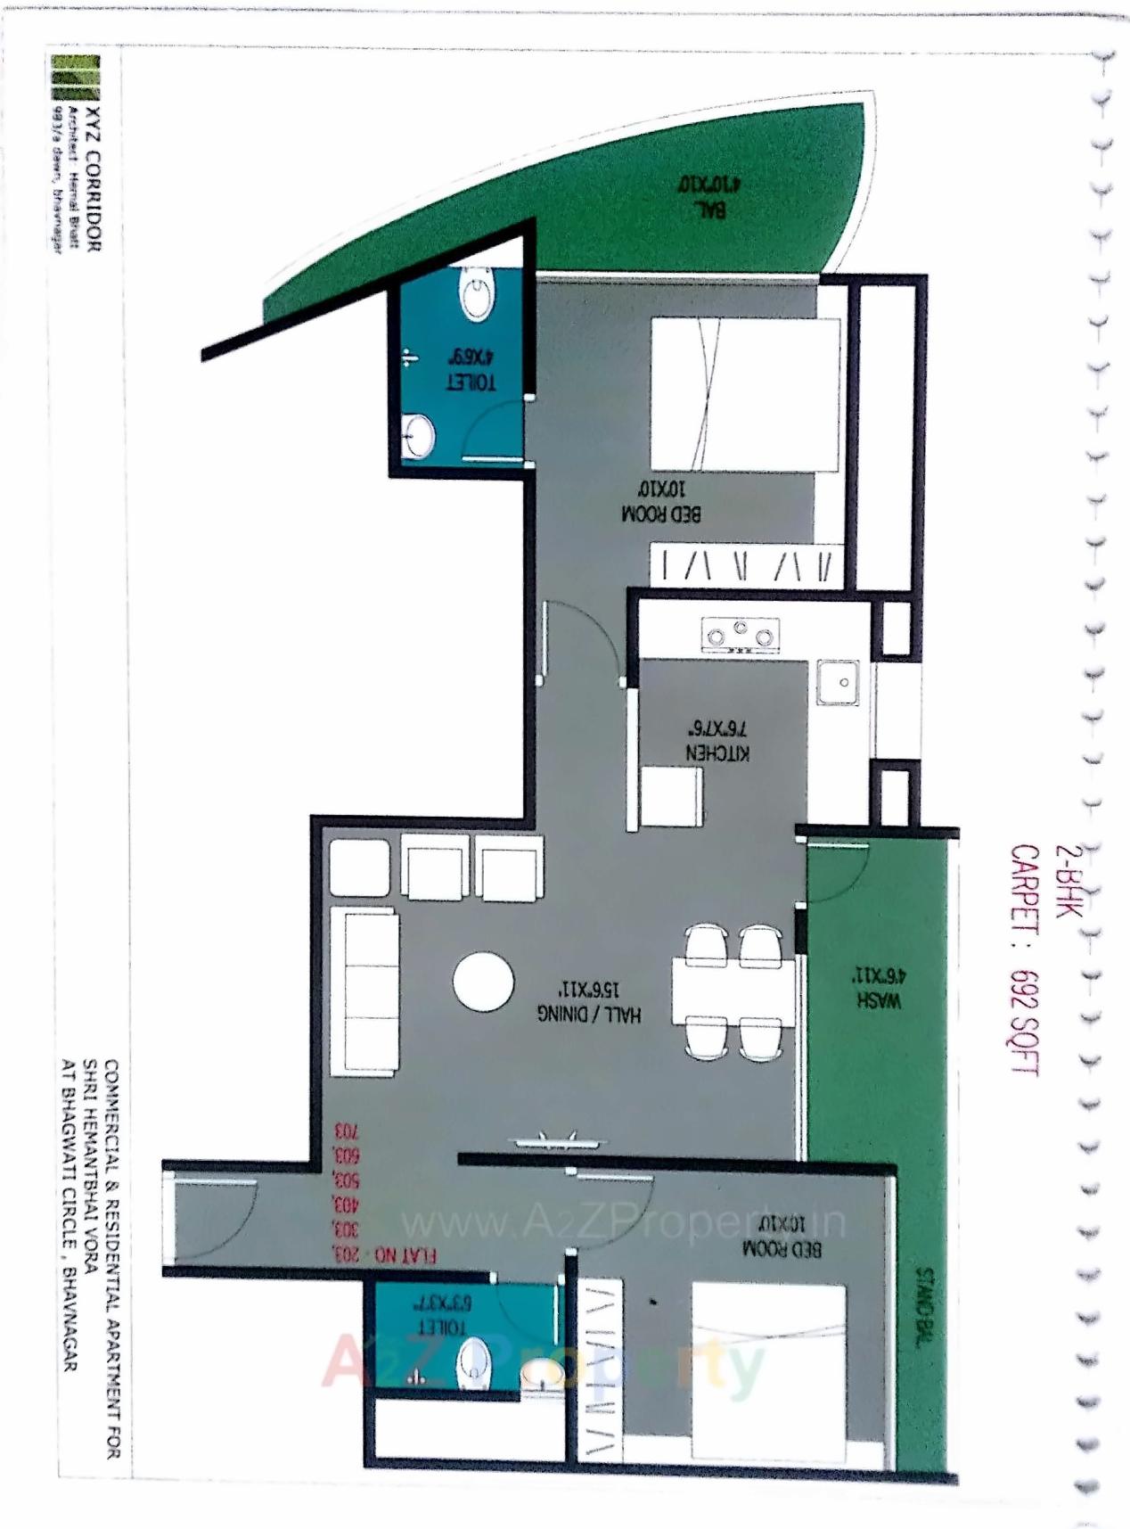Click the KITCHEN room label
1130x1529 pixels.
pyautogui.click(x=717, y=752)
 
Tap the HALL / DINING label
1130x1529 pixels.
pyautogui.click(x=589, y=1014)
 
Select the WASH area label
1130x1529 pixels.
pyautogui.click(x=879, y=999)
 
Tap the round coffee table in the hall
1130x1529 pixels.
pyautogui.click(x=483, y=982)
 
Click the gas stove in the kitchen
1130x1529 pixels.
pyautogui.click(x=740, y=635)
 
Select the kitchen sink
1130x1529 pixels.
pyautogui.click(x=838, y=682)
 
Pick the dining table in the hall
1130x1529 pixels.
pyautogui.click(x=733, y=991)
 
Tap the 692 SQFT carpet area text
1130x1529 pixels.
pyautogui.click(x=1025, y=1023)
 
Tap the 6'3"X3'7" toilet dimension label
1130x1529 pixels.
pyautogui.click(x=443, y=1302)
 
